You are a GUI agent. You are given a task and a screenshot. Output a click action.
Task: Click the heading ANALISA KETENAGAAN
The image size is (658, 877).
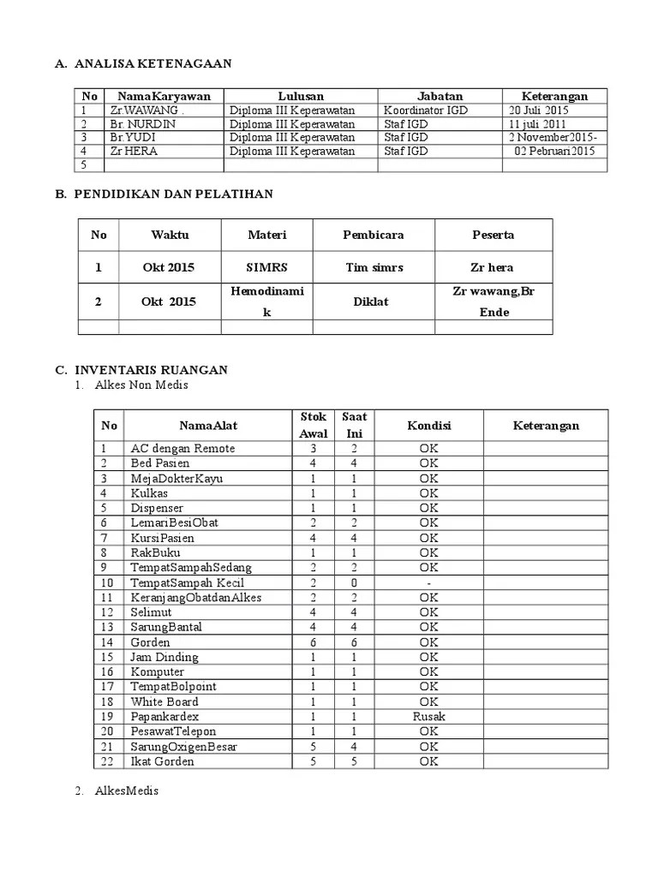[x=153, y=63]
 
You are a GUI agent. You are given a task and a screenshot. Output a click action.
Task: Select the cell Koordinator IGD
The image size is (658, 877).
[x=427, y=110]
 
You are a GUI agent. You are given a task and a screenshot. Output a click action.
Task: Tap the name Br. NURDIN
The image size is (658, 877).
[x=141, y=124]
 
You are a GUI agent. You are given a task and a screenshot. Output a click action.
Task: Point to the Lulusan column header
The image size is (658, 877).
[x=301, y=96]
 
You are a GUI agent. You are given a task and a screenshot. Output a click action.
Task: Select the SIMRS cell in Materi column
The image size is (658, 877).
[x=266, y=267]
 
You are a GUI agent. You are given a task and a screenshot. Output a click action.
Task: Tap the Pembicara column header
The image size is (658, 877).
[x=373, y=235]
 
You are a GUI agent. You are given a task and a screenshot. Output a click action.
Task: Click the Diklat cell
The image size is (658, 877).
[x=373, y=301]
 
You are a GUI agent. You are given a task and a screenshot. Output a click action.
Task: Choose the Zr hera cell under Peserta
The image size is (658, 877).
[x=493, y=267]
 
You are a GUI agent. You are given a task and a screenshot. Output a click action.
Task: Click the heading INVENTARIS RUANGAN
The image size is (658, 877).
[x=151, y=370]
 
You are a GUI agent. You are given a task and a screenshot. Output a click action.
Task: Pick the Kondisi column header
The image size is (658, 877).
[x=428, y=426]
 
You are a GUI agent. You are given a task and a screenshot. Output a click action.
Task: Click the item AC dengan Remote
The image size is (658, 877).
[x=182, y=448]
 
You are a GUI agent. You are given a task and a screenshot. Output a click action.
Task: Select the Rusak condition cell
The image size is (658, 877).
[x=428, y=716]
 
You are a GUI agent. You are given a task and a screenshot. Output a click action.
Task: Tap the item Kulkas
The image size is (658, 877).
[x=149, y=492]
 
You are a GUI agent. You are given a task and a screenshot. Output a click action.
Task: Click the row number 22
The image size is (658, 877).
[x=107, y=761]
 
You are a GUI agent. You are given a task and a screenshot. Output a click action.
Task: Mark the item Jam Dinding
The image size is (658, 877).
[x=164, y=657]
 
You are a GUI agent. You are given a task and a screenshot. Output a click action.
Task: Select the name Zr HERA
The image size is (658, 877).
[x=134, y=152]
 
